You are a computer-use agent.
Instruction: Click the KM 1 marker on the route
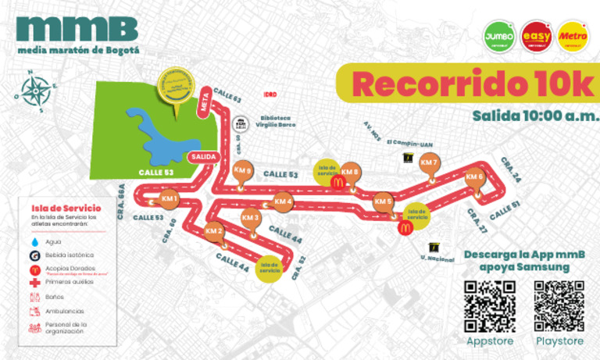172,199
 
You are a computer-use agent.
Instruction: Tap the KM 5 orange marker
383,201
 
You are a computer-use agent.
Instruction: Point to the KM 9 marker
243,170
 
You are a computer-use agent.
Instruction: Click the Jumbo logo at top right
499,37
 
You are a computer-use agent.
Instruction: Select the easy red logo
536,37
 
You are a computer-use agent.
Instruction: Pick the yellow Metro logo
573,37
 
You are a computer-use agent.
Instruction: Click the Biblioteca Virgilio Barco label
278,122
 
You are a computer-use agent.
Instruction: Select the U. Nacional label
437,258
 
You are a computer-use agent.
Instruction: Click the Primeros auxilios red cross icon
34,282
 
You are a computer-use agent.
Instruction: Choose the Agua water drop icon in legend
34,242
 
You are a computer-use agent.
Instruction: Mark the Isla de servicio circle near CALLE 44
271,266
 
